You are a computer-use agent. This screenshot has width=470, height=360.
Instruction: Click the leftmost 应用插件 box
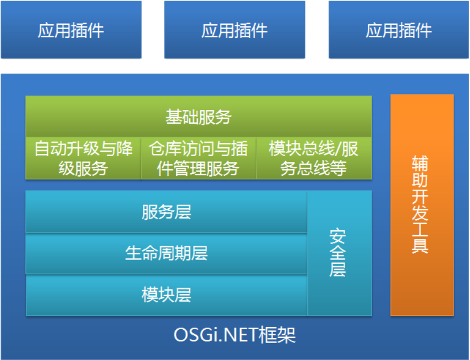(x=71, y=29)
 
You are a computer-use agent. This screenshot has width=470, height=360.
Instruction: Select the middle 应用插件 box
(x=235, y=29)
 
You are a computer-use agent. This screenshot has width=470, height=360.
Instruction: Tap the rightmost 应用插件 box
(x=399, y=29)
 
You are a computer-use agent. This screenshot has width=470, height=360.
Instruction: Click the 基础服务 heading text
(x=198, y=117)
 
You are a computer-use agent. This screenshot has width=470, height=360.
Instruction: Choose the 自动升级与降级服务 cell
(x=84, y=158)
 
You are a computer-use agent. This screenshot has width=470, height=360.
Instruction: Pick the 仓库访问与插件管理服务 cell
(x=198, y=158)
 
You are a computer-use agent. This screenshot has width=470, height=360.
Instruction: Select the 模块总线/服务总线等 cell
(x=314, y=158)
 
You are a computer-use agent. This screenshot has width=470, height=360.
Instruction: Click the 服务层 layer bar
(x=167, y=212)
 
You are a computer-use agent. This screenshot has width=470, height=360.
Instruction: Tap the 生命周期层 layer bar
(x=167, y=253)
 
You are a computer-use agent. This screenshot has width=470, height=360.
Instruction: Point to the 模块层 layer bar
(x=167, y=295)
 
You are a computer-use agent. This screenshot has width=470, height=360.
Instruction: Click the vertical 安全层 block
(x=340, y=253)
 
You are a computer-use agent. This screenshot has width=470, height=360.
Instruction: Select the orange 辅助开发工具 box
(x=422, y=205)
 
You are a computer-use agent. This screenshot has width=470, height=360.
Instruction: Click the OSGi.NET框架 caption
(x=235, y=335)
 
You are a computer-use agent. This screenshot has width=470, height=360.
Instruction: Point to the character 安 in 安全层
(x=338, y=236)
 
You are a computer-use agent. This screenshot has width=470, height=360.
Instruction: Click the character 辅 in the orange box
(x=419, y=163)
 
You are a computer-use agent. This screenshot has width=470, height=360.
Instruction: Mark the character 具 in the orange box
(x=419, y=246)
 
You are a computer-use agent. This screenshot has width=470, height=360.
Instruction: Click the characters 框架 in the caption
(x=277, y=335)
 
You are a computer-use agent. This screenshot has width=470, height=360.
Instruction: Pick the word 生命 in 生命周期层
(x=141, y=253)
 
